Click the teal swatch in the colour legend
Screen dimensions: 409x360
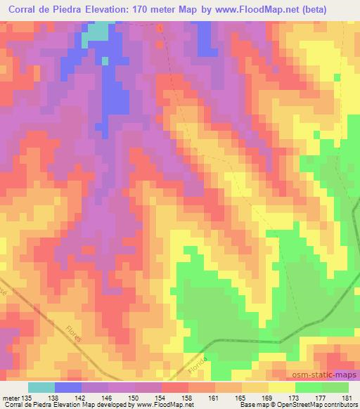(x=41, y=387)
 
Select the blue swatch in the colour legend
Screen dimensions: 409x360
(x=67, y=387)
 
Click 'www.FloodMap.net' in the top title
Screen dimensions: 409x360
(x=245, y=8)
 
